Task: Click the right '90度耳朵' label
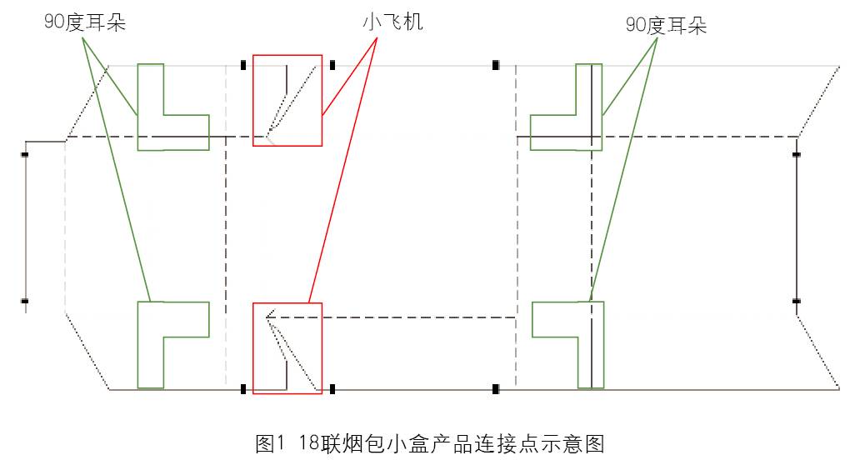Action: coord(666,26)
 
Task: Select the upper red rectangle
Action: coord(287,100)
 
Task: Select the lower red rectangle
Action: coord(287,347)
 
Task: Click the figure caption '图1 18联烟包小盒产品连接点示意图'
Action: coord(428,442)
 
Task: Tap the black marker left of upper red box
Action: coord(243,65)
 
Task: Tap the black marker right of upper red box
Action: coord(332,65)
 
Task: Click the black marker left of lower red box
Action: coord(243,388)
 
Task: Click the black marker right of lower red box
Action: coord(332,388)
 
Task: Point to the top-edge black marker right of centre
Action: coord(495,65)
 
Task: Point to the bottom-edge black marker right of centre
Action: coord(495,388)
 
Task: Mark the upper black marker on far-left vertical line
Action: coord(25,154)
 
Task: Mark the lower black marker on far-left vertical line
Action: coord(25,300)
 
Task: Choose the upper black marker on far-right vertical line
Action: coord(797,154)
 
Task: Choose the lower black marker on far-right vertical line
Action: coord(797,300)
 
